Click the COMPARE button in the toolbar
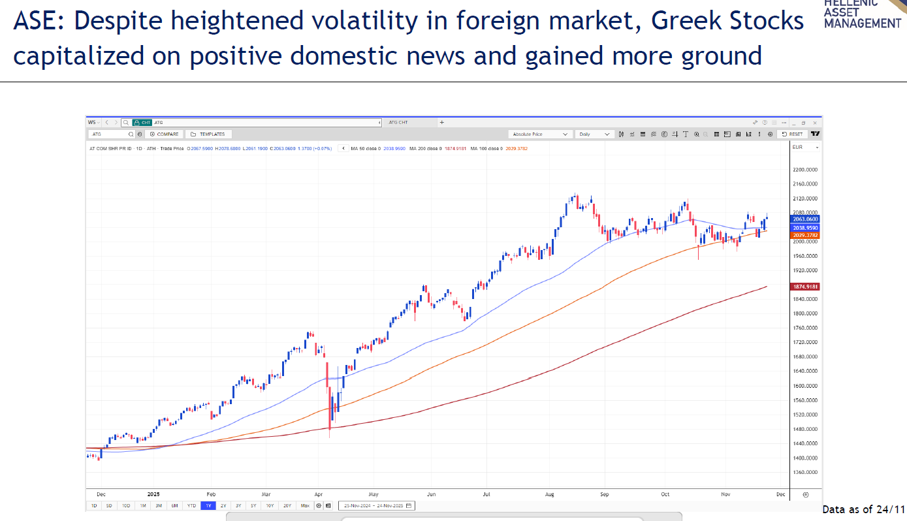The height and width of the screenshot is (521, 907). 164,134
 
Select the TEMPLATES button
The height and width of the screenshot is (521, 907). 208,134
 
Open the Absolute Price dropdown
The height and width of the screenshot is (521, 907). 540,134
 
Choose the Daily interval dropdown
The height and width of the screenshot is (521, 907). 594,134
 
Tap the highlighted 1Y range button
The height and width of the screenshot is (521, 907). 208,505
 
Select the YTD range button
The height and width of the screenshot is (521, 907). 191,505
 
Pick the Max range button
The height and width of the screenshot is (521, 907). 305,505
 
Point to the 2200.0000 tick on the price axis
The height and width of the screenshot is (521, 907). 804,170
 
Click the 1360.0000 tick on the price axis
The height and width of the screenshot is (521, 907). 804,472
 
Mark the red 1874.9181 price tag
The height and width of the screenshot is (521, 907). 805,287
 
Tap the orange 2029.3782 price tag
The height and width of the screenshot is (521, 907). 805,235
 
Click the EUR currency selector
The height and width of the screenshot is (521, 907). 804,148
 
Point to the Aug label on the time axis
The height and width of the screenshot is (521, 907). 550,495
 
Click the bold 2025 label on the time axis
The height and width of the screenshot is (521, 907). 154,495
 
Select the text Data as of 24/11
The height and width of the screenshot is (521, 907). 863,509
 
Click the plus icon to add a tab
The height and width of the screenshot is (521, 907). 442,122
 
